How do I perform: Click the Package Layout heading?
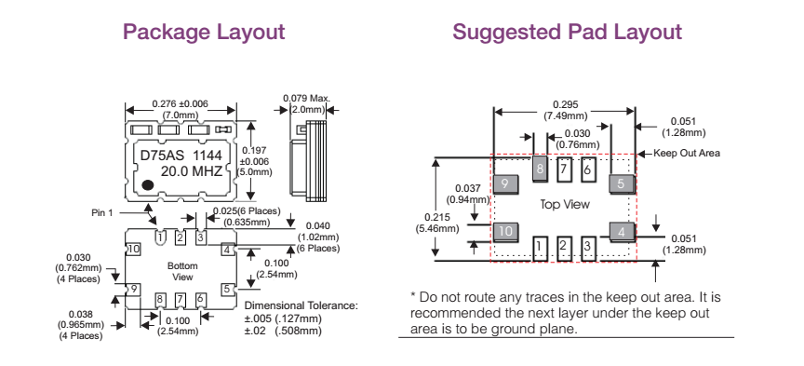204,33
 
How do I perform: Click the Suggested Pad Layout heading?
567,33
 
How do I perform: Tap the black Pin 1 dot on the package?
148,184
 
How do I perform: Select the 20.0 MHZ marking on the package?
192,171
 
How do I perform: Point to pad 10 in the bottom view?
134,249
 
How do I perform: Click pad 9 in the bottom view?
133,290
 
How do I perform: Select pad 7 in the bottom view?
180,299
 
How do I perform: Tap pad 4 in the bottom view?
227,250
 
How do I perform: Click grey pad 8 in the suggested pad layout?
539,169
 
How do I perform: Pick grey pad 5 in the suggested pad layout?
622,183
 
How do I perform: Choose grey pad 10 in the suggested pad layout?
505,232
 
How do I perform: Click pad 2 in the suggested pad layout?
564,248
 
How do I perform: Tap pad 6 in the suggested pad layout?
587,169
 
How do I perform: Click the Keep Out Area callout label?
687,153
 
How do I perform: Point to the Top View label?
565,204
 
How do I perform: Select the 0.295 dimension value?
564,105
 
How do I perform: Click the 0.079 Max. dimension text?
307,98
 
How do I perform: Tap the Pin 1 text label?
102,212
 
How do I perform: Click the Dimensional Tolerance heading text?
301,305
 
